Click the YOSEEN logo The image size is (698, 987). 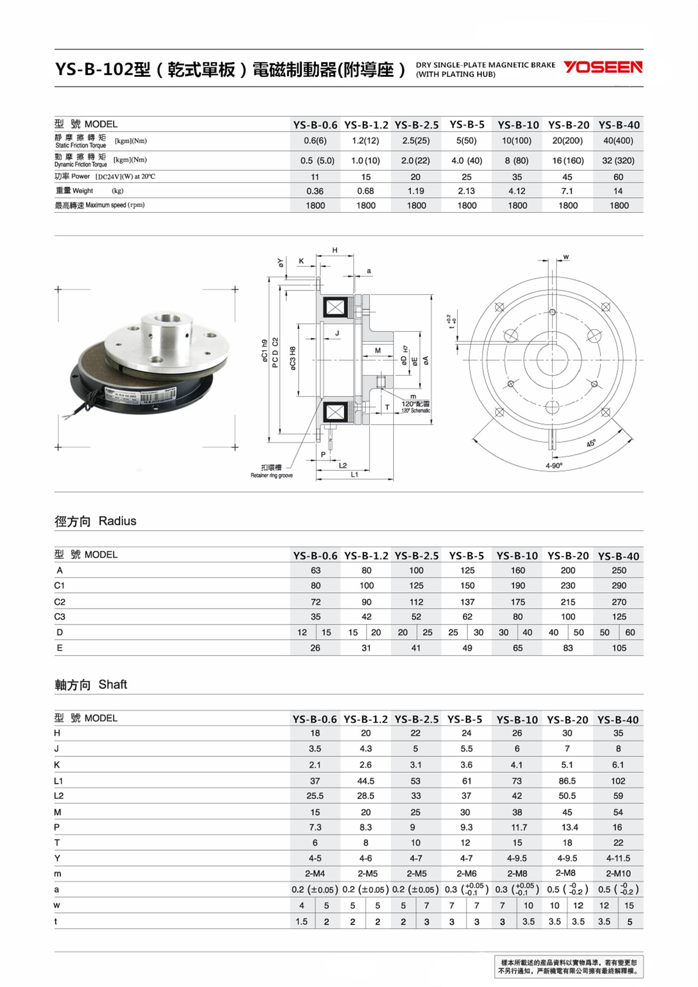[x=603, y=67]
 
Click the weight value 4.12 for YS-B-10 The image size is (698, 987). [x=517, y=191]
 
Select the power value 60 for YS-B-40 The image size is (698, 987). [x=618, y=177]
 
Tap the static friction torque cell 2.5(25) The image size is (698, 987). [x=416, y=141]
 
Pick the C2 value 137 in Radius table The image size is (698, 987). [x=467, y=602]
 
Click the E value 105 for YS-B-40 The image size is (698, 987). [x=619, y=648]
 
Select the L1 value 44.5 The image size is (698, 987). [x=365, y=781]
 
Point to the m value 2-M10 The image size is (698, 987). [x=618, y=874]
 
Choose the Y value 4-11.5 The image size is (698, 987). [x=618, y=858]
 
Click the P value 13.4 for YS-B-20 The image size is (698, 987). [x=570, y=827]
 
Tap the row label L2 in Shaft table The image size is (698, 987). [x=59, y=796]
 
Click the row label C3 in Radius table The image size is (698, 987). [x=59, y=617]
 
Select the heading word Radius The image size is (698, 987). [x=117, y=521]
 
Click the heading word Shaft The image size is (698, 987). [x=113, y=685]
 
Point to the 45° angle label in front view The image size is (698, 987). [x=591, y=443]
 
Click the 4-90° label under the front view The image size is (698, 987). [x=554, y=466]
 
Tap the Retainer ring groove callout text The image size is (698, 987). [x=271, y=475]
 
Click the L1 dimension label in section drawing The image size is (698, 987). [x=354, y=475]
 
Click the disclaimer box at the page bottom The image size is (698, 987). [x=569, y=966]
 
